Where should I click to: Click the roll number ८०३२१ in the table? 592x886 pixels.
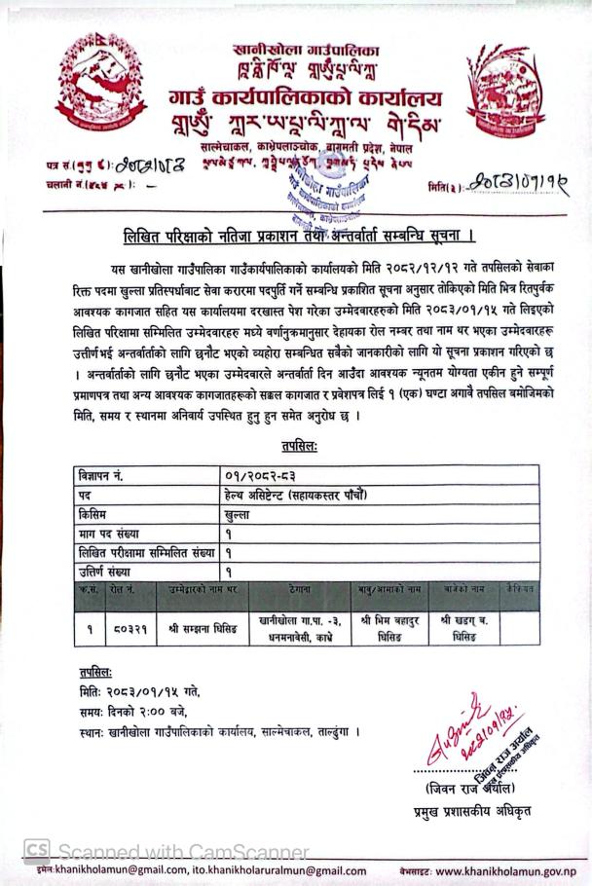[x=129, y=628]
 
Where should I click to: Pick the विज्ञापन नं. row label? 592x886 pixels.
[x=108, y=476]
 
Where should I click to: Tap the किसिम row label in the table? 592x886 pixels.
[x=98, y=515]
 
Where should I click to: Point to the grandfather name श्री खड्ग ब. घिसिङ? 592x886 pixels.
[x=463, y=628]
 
